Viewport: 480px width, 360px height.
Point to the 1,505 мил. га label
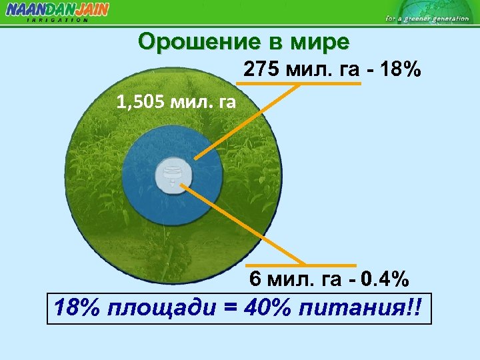click(175, 103)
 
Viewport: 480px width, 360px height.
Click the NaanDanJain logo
click(57, 9)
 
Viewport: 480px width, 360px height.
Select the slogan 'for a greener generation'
click(427, 19)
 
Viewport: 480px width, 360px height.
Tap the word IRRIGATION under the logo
click(57, 20)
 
